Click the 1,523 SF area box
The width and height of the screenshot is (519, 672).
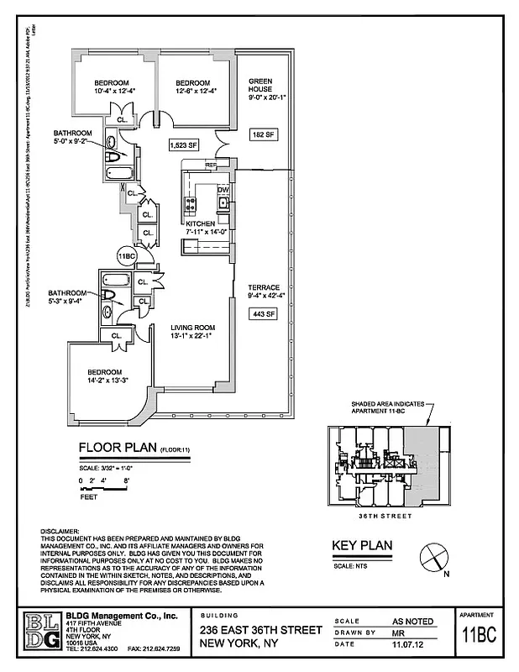pyautogui.click(x=184, y=144)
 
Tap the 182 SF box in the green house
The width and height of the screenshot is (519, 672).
pyautogui.click(x=264, y=134)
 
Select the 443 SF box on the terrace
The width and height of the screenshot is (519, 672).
pyautogui.click(x=264, y=314)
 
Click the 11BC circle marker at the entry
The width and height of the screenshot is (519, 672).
pyautogui.click(x=127, y=256)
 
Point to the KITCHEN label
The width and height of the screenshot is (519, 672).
pyautogui.click(x=201, y=223)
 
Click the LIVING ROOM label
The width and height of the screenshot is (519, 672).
pyautogui.click(x=193, y=328)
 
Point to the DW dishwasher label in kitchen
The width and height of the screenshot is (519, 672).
pyautogui.click(x=223, y=190)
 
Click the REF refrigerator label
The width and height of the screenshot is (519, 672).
pyautogui.click(x=212, y=165)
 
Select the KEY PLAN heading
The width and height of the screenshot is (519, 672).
pyautogui.click(x=363, y=544)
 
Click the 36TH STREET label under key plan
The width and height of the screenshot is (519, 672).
pyautogui.click(x=385, y=516)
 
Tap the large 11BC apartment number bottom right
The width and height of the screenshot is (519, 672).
pyautogui.click(x=482, y=636)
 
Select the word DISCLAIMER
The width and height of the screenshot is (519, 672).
pyautogui.click(x=59, y=532)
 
